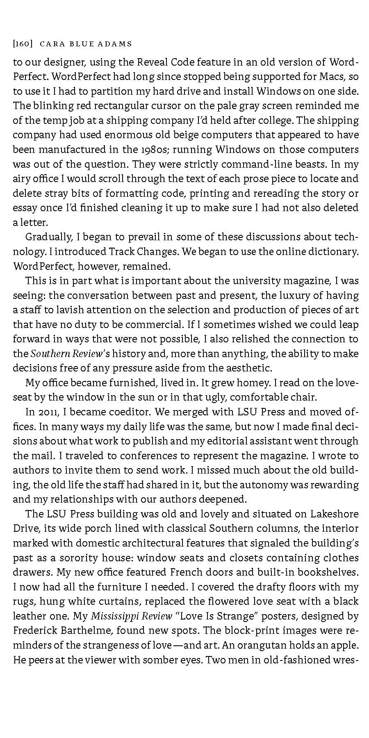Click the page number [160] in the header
(23, 43)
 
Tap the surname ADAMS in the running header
(116, 43)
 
